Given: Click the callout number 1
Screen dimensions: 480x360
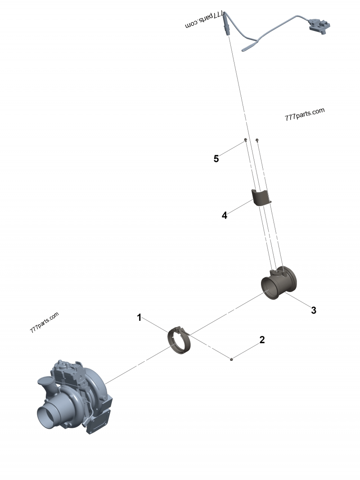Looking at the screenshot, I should (x=139, y=318).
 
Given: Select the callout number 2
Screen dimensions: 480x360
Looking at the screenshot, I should (x=262, y=340).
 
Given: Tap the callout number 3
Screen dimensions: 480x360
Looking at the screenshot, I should (x=314, y=310).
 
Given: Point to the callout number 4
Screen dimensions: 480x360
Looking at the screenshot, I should (x=224, y=215).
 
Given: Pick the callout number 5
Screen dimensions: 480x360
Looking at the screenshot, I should (x=216, y=158).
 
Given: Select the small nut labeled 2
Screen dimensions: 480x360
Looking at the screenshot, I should (x=231, y=359).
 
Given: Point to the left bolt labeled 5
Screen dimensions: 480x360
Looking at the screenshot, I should (x=245, y=140).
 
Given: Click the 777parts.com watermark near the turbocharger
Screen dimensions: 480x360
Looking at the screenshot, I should (x=44, y=322).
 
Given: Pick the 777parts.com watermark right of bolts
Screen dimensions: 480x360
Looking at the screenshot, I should (x=304, y=114).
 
